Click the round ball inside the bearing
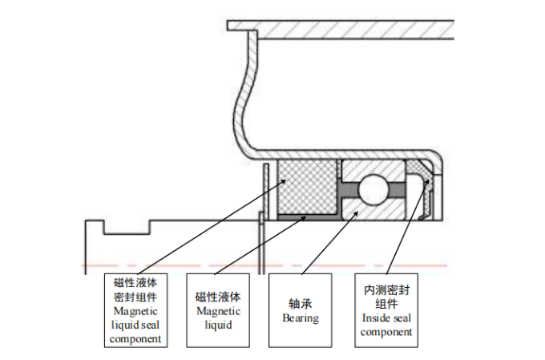coord(373,189)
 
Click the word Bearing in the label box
coord(301,318)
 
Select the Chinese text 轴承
coord(301,304)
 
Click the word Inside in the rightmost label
coord(375,318)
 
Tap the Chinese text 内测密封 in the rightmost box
coord(386,289)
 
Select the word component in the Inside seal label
coord(386,331)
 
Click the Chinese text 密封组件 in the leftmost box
coord(135,297)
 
